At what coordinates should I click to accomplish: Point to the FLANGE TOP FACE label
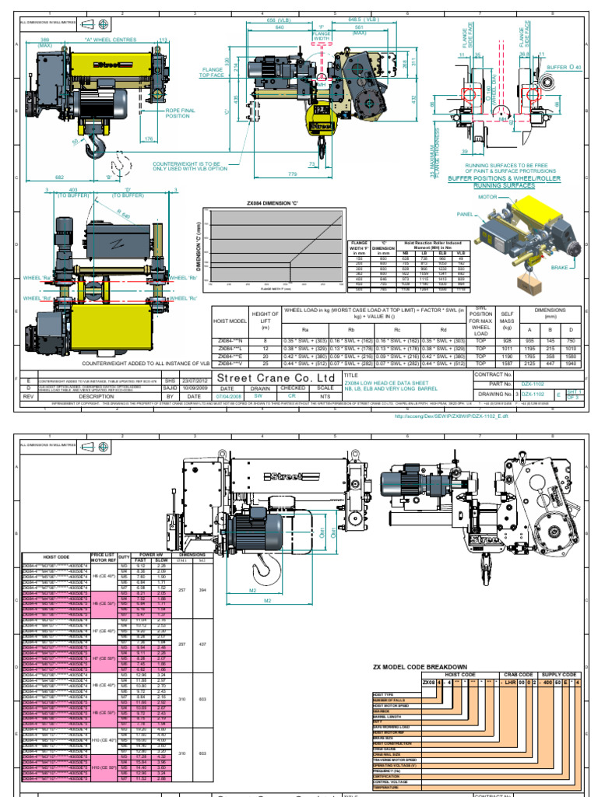213,72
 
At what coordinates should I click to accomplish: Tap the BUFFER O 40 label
563,68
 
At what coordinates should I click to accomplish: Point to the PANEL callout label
466,212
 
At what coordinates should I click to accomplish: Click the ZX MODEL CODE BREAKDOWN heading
420,667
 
